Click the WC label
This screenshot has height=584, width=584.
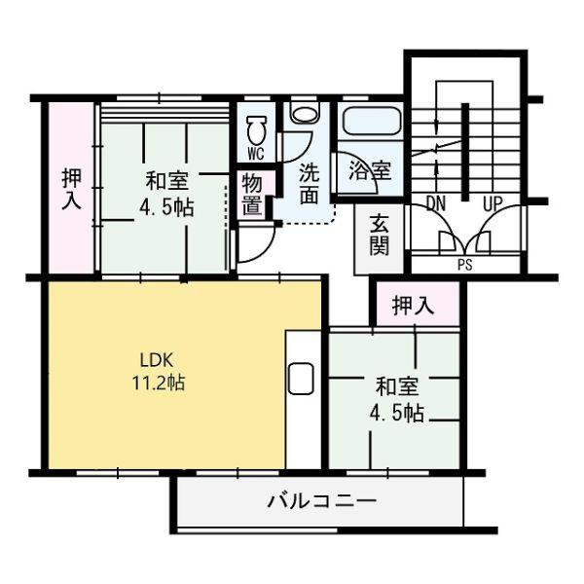click(256, 154)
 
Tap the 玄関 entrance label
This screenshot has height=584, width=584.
click(380, 233)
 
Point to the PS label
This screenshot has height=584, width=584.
click(464, 264)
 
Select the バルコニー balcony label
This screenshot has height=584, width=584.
click(322, 502)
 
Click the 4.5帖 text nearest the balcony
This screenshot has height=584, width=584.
click(396, 413)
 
